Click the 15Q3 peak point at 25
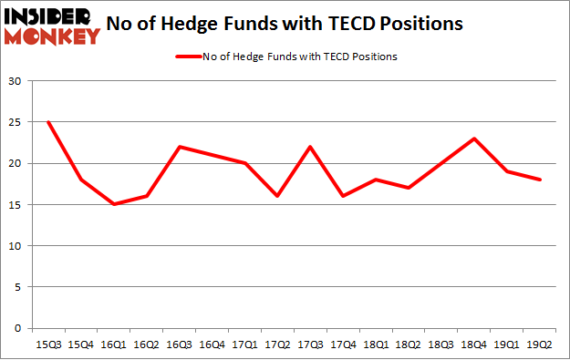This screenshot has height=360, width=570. (48, 122)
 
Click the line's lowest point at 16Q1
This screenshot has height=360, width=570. (114, 204)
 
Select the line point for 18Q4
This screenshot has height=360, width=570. (475, 139)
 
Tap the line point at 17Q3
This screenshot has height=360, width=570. (311, 147)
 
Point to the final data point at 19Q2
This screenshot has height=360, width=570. (541, 180)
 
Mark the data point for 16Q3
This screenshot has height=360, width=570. (180, 147)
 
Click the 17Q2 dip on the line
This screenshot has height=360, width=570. (278, 196)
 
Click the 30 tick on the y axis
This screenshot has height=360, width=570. (16, 81)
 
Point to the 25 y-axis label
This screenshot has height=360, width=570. (16, 122)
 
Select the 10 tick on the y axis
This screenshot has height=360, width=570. (16, 246)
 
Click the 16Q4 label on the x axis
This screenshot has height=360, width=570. (212, 345)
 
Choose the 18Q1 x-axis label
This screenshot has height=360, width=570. (377, 345)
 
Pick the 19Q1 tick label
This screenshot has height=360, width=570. (508, 345)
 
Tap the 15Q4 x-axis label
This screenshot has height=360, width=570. (81, 345)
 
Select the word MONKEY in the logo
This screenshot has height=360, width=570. (52, 36)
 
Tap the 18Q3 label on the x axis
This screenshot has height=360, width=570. (442, 345)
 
